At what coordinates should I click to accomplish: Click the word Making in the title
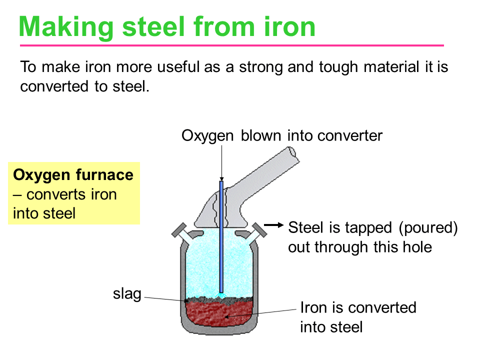pyautogui.click(x=66, y=28)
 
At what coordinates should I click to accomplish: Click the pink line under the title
pyautogui.click(x=231, y=45)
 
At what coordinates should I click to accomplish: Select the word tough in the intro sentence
pyautogui.click(x=338, y=67)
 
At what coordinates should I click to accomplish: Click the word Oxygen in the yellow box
pyautogui.click(x=41, y=175)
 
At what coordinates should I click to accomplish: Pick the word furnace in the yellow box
pyautogui.click(x=104, y=175)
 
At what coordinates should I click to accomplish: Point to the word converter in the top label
pyautogui.click(x=350, y=136)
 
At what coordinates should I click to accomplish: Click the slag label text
pyautogui.click(x=127, y=294)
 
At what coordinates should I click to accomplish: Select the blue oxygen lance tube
pyautogui.click(x=221, y=237)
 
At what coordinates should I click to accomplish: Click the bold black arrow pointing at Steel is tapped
pyautogui.click(x=273, y=225)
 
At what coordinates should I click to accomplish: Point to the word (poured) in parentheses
pyautogui.click(x=428, y=228)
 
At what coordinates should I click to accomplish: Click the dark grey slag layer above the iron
pyautogui.click(x=219, y=300)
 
